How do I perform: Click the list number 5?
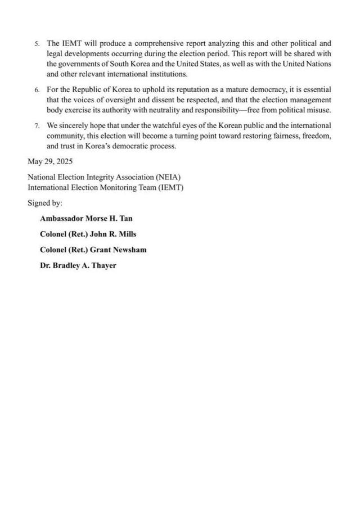36,43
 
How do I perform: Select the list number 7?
36,126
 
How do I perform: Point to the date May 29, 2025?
50,161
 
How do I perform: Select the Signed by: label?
45,202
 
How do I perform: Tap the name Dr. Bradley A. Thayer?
78,265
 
